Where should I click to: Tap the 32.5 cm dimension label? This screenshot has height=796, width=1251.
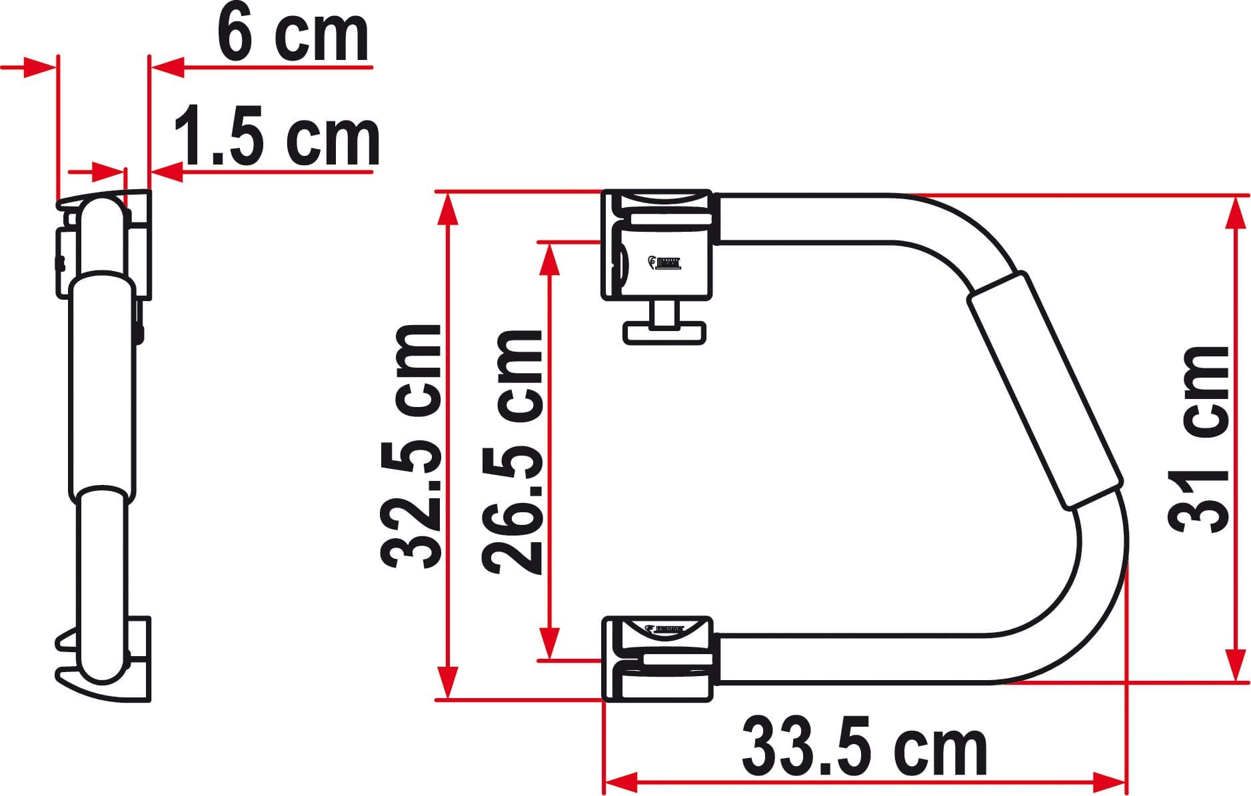tap(411, 446)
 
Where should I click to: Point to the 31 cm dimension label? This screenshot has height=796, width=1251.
tap(1200, 440)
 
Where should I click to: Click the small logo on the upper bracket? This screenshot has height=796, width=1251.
tap(666, 262)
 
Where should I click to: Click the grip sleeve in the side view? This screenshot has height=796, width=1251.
tap(103, 383)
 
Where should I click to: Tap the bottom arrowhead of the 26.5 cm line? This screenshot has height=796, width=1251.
tap(549, 645)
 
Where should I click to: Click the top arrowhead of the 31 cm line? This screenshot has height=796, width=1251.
tap(1236, 212)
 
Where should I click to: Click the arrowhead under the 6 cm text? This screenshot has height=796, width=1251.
tap(167, 67)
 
